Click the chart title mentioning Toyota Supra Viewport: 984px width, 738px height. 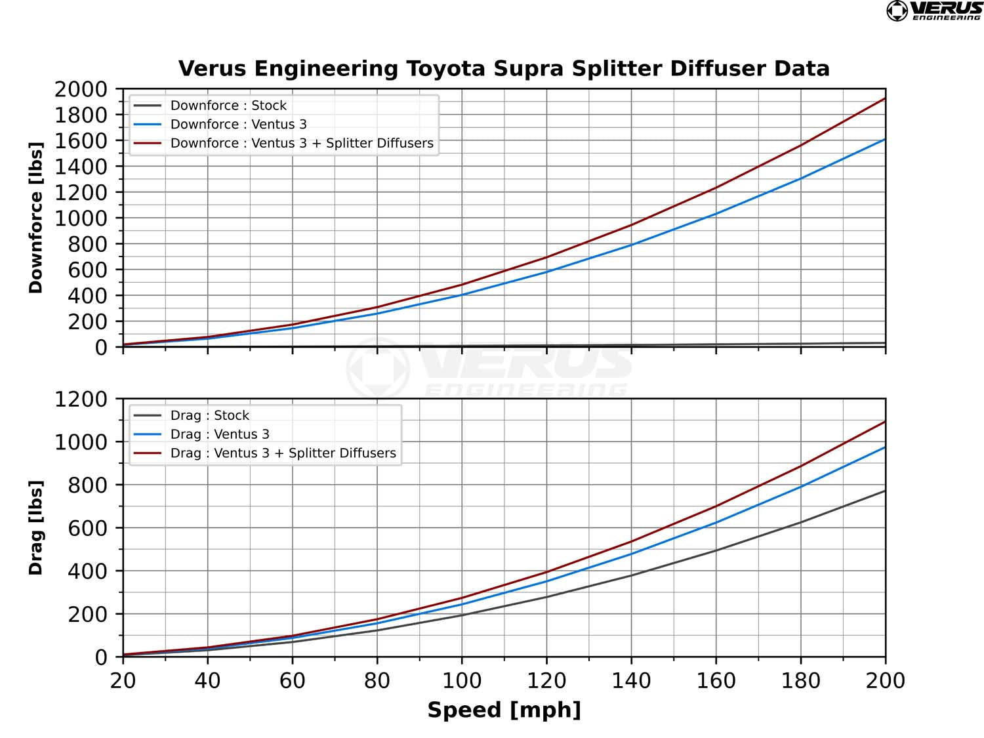tap(504, 69)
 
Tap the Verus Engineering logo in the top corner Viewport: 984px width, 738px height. tap(934, 11)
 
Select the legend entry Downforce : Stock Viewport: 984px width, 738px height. tap(228, 106)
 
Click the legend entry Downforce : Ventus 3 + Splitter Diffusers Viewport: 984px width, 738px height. tap(301, 143)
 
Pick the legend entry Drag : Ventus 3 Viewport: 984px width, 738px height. tap(219, 434)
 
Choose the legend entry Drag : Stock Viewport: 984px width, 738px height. tap(209, 415)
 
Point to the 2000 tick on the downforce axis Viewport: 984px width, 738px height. tap(81, 89)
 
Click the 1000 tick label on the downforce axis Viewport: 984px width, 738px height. tap(81, 218)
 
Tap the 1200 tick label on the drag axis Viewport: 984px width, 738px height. tap(81, 399)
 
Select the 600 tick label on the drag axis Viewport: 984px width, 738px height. tap(87, 528)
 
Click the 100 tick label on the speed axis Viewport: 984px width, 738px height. tap(461, 681)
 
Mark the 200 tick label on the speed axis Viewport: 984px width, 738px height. tap(885, 681)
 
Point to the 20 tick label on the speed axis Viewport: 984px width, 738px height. tap(123, 681)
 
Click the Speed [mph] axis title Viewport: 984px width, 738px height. tap(504, 710)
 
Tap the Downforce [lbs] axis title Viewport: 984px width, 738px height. tap(35, 218)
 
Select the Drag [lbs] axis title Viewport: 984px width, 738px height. tap(35, 527)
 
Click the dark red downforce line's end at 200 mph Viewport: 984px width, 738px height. tap(884, 99)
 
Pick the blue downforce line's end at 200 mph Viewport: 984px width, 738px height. tap(884, 140)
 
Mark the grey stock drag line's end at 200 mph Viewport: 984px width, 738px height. tap(884, 491)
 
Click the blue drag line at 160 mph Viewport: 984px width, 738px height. tap(716, 523)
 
